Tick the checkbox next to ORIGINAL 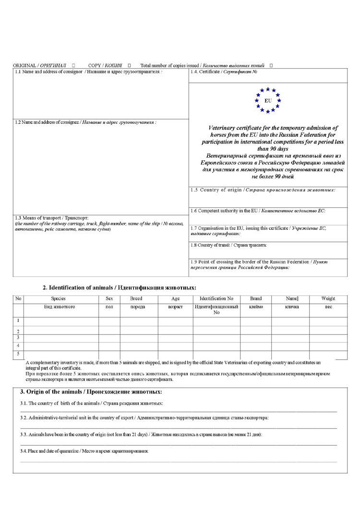tap(73, 65)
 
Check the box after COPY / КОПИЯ tap(130, 65)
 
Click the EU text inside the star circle tap(268, 101)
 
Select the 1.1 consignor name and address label tap(88, 71)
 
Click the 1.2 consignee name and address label tap(85, 122)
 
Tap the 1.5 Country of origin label tap(263, 190)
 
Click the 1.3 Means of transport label tap(51, 218)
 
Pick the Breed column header tap(136, 298)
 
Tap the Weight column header tap(328, 298)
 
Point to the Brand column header tap(256, 298)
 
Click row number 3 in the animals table tap(18, 338)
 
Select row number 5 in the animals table tap(18, 354)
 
